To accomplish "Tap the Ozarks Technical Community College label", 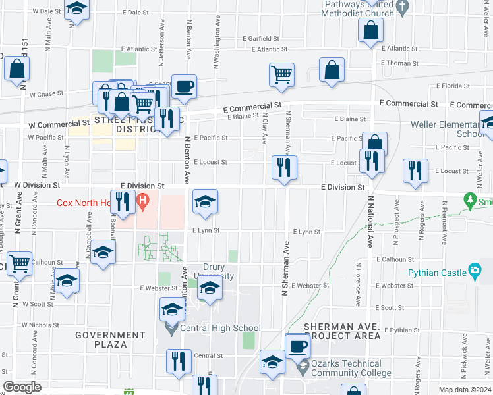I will click(346, 368).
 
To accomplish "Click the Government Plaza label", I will click(110, 340).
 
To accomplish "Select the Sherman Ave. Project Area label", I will click(342, 331).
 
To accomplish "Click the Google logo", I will click(22, 387).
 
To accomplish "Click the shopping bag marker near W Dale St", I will click(16, 68).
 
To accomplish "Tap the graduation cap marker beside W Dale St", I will click(78, 10).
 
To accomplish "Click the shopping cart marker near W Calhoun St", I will click(20, 264).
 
